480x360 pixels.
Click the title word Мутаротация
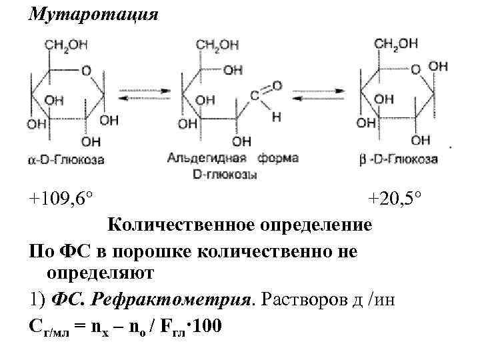click(93, 15)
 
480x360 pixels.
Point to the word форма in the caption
click(278, 158)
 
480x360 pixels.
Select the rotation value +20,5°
click(395, 198)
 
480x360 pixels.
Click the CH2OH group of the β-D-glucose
click(396, 43)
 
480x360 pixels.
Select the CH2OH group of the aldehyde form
click(217, 45)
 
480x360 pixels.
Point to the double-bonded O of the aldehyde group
click(276, 85)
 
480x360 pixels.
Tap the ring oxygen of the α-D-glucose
click(86, 69)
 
